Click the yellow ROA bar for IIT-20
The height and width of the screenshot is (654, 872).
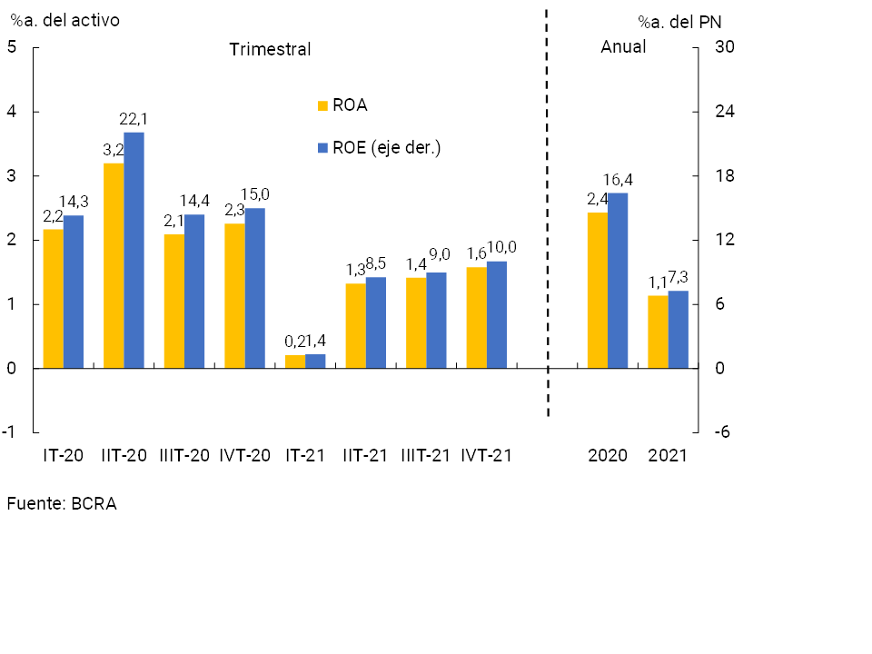pos(114,265)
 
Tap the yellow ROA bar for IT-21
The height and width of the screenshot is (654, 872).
pos(295,362)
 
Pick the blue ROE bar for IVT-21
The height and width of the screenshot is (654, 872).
pos(497,314)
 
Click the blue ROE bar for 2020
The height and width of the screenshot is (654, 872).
pos(618,280)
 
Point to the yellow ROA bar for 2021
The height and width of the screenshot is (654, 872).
pos(658,332)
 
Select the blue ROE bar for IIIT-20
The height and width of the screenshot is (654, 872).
pos(194,291)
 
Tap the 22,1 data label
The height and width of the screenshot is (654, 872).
pos(134,119)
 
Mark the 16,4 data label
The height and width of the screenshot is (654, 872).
pos(618,180)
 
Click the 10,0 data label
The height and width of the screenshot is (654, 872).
pos(501,247)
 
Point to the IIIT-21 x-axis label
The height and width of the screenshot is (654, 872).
pos(426,455)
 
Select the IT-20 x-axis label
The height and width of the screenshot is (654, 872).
pos(64,455)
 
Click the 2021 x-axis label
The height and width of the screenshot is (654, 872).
pos(668,455)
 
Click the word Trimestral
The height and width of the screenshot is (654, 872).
pos(270,49)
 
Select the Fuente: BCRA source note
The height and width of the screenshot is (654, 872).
pos(62,503)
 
